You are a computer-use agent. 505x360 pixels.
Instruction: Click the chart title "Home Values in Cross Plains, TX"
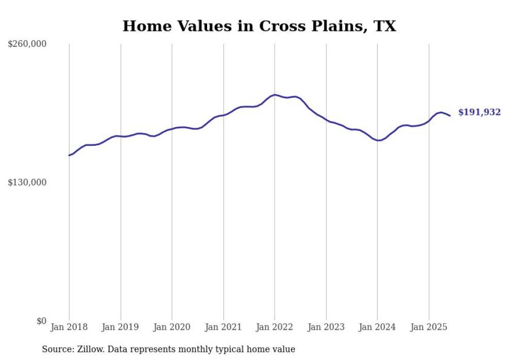tap(259, 26)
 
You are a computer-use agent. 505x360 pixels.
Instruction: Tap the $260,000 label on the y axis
tap(27, 44)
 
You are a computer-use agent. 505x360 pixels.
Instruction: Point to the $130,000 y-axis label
tap(27, 182)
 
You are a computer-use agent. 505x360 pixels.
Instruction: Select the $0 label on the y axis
tap(41, 321)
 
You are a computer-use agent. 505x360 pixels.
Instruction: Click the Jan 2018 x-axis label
tap(69, 327)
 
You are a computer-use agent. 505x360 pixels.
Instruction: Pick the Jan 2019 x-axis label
tap(121, 327)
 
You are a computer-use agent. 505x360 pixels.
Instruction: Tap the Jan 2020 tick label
tap(172, 327)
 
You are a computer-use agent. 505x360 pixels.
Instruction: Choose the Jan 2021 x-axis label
tap(223, 327)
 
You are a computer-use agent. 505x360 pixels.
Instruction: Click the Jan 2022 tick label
tap(275, 327)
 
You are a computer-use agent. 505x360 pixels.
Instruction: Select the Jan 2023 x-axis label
tap(326, 327)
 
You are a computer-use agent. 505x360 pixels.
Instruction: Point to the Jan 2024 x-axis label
tap(377, 327)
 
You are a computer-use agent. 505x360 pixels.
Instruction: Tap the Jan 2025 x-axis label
tap(429, 327)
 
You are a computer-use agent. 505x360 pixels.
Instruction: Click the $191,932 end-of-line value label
tap(479, 112)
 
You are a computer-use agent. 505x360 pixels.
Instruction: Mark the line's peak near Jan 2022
tap(275, 95)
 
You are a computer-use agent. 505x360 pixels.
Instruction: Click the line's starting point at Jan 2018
tap(69, 155)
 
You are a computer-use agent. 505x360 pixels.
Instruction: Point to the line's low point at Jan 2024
tap(378, 140)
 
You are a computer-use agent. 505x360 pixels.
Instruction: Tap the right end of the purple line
tap(450, 115)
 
